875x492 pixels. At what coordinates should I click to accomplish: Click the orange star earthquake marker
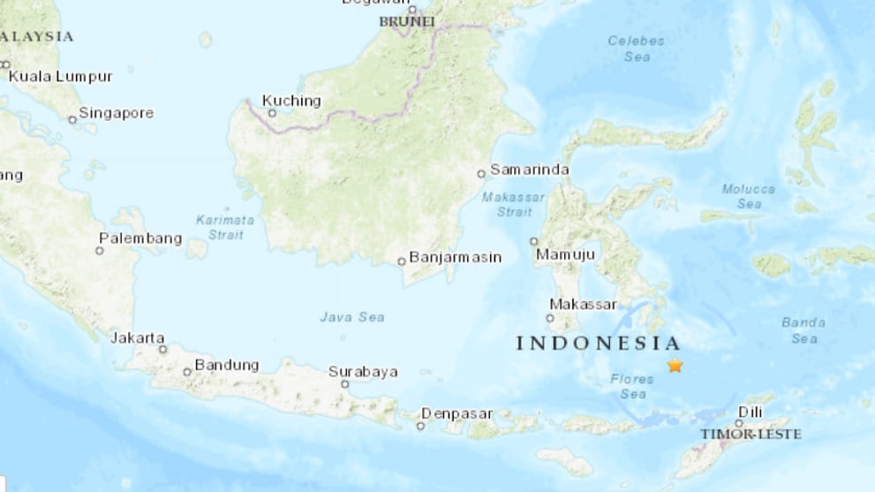tap(675, 365)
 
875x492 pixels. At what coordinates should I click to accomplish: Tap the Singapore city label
tap(116, 113)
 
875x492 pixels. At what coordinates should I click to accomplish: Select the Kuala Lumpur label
tap(60, 77)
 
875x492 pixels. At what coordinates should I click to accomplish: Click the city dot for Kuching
tap(272, 113)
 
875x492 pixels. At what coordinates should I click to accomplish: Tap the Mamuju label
tap(565, 254)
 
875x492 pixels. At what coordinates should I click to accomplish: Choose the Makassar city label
tap(583, 304)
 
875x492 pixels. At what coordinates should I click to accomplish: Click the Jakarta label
tap(138, 337)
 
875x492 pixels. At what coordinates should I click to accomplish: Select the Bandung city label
tap(227, 365)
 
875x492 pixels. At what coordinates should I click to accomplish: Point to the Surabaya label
tap(363, 372)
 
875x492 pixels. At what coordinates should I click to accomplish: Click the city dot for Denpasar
tap(421, 426)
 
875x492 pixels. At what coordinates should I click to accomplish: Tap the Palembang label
tap(140, 238)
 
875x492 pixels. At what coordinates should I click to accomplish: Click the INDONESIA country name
tap(599, 344)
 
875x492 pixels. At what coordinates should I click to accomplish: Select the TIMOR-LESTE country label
tap(751, 435)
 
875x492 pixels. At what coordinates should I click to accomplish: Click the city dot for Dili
tap(738, 423)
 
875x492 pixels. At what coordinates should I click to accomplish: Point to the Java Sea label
tap(352, 316)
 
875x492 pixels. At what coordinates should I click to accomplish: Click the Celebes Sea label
tap(636, 49)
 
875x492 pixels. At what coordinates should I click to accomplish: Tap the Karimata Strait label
tap(225, 227)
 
